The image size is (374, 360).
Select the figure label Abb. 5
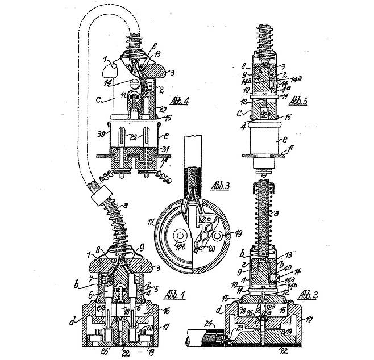tap(297, 102)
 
